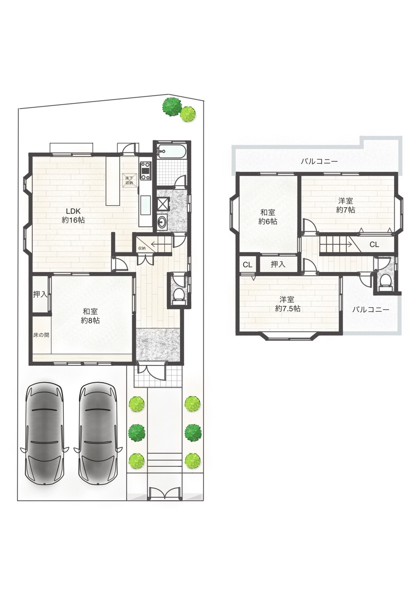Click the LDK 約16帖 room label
tap(73, 216)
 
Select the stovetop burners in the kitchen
tap(145, 171)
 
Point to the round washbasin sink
tap(162, 221)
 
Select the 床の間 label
tap(41, 335)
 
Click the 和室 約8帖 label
tap(90, 316)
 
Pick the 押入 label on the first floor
tap(40, 294)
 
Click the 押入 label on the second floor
tap(278, 264)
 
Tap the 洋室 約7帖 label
tap(345, 205)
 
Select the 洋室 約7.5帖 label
tap(287, 304)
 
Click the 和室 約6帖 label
tap(268, 217)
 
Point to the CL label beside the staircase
tap(374, 245)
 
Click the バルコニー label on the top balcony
tap(319, 161)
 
